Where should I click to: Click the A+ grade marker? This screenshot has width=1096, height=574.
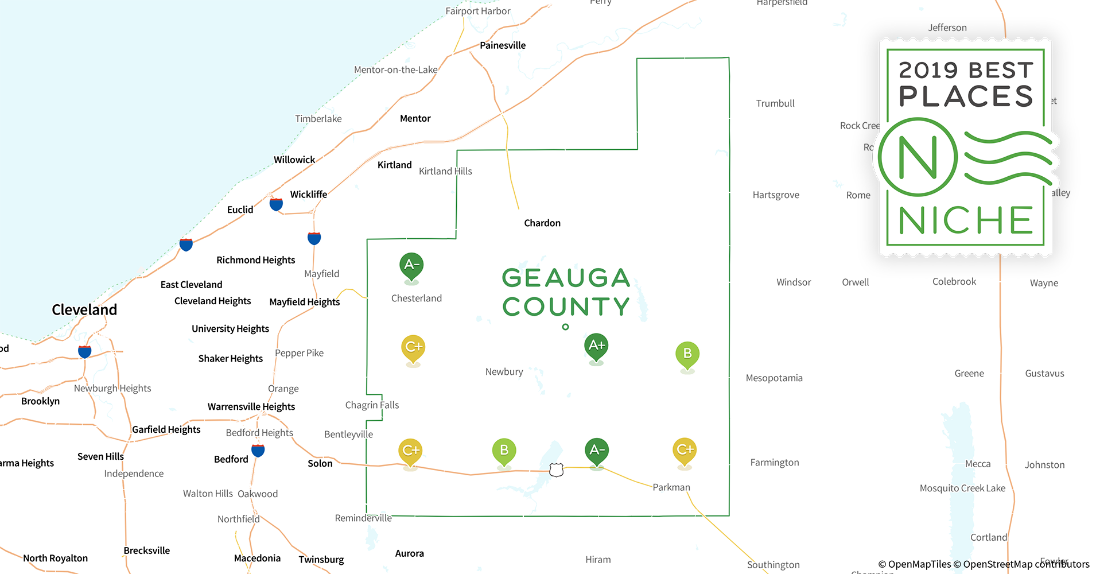[x=596, y=346]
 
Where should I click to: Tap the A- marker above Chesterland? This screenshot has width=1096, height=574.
[x=411, y=265]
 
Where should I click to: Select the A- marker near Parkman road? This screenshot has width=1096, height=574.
[x=597, y=451]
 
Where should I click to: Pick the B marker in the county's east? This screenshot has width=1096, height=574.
[x=687, y=354]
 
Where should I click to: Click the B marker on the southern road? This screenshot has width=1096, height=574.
[x=504, y=451]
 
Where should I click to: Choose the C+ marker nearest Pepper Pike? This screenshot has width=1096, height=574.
[x=413, y=347]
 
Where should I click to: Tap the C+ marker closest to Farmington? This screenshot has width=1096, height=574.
[x=685, y=450]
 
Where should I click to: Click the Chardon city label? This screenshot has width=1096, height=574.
[x=542, y=223]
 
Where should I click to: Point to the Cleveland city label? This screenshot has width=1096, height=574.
[x=84, y=310]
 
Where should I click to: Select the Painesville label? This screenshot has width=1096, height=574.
[x=503, y=45]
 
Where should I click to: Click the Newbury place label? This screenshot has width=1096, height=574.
[x=504, y=372]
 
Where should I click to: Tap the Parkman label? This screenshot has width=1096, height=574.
[x=671, y=487]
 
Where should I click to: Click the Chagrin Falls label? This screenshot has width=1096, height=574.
[x=372, y=405]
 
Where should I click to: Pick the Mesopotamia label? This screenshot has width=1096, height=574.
[x=774, y=378]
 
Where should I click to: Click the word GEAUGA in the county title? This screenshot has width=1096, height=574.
[x=566, y=278]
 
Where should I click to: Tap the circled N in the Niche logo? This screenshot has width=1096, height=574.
[x=918, y=157]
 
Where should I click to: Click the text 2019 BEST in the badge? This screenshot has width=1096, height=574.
[x=966, y=70]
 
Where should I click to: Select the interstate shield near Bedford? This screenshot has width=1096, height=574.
[x=258, y=451]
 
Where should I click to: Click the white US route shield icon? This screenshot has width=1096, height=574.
[x=556, y=470]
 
